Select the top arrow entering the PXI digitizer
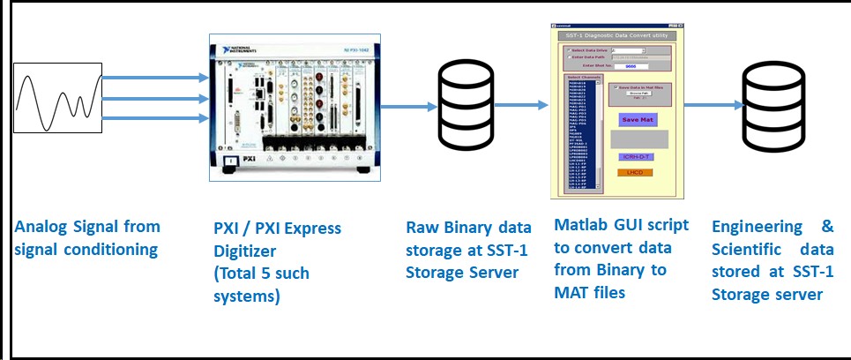(x=154, y=79)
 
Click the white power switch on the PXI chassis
(x=230, y=161)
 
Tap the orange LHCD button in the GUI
(x=635, y=171)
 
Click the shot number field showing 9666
(x=630, y=65)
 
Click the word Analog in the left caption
(x=41, y=229)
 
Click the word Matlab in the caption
(x=579, y=225)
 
